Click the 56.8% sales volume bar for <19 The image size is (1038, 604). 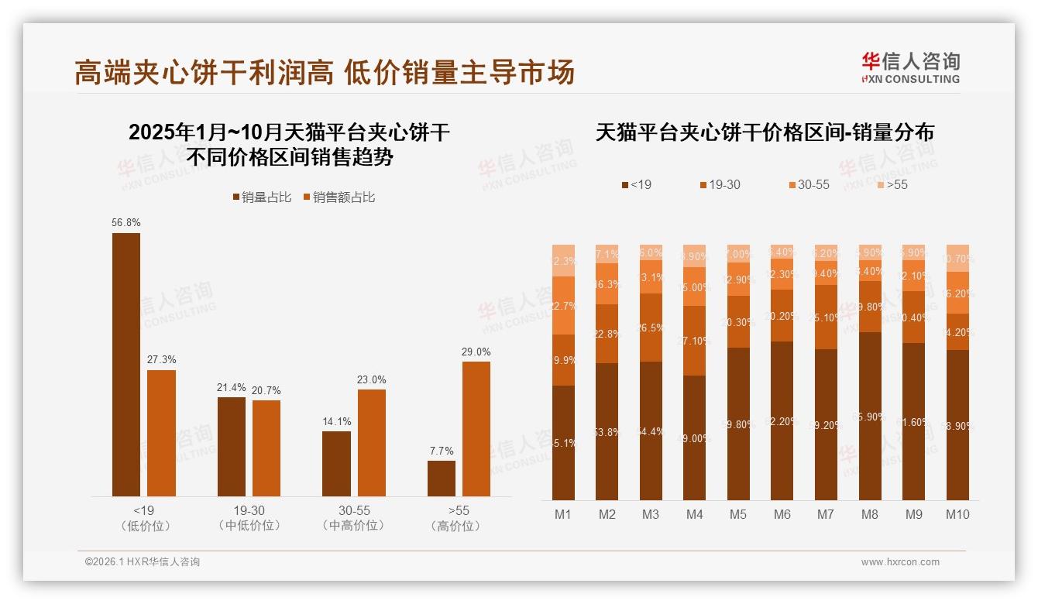(126, 364)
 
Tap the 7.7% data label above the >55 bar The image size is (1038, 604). (441, 451)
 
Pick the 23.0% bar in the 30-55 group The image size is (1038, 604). (371, 442)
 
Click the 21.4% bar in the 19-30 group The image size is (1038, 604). (232, 447)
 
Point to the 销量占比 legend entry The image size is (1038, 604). (262, 197)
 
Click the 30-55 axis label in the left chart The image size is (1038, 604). (354, 511)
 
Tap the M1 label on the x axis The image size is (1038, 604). (563, 514)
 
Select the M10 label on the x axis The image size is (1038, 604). (957, 514)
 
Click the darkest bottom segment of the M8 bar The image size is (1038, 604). (870, 416)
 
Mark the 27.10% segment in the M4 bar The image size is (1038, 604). (694, 341)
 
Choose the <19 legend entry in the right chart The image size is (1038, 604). (636, 184)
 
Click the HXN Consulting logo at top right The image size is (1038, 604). (910, 67)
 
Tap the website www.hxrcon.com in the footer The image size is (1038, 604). (900, 562)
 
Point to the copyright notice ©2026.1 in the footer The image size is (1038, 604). (142, 562)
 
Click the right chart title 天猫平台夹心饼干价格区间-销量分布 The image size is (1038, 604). (765, 132)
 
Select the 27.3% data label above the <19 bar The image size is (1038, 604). (161, 359)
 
